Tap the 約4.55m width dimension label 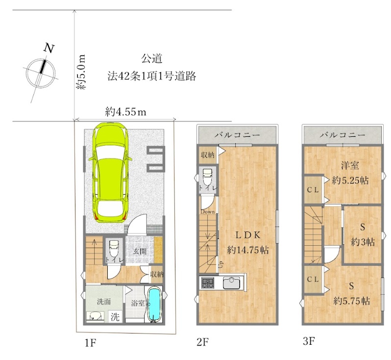126,111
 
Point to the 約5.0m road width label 81,72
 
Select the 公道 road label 152,59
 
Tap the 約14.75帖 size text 247,249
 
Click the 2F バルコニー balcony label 237,134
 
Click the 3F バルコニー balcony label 342,134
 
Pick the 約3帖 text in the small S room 363,241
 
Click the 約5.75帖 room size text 351,300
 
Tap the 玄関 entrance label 140,251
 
